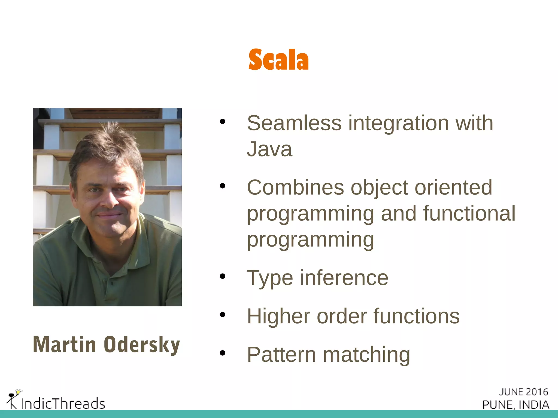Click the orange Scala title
(x=278, y=60)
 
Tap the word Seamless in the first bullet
(x=294, y=123)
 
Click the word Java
(x=269, y=149)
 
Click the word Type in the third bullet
(x=270, y=278)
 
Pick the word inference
(x=344, y=278)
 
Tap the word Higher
(x=278, y=316)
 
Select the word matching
(x=366, y=355)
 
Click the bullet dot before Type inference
(x=223, y=276)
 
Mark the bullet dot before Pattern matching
(x=223, y=353)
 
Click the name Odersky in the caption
(x=142, y=345)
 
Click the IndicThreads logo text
(x=63, y=403)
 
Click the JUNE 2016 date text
(x=523, y=392)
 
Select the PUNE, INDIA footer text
(x=515, y=405)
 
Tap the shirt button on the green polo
(x=112, y=283)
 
